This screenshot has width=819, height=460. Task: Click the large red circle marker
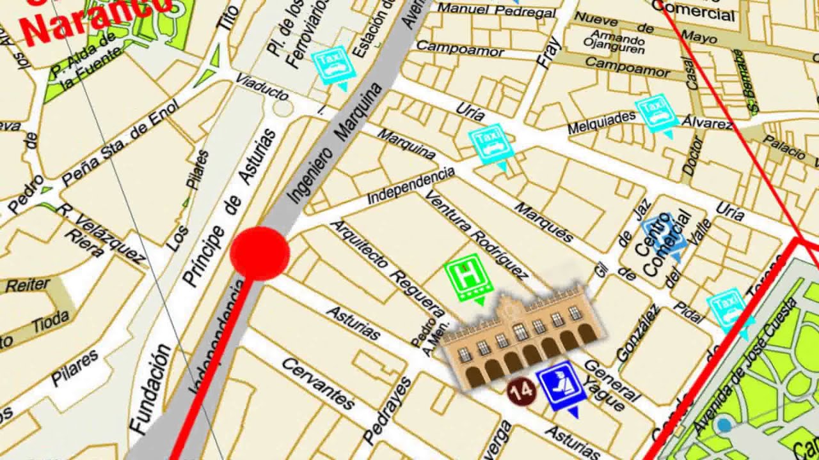coord(259,253)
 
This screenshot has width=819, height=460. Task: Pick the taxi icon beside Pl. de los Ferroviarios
coord(333,65)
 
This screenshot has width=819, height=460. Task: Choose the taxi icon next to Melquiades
coord(656,114)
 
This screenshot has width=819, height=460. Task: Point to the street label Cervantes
coord(318,383)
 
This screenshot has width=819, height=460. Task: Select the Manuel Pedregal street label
coord(496,10)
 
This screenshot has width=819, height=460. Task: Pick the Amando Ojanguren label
coord(615,41)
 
